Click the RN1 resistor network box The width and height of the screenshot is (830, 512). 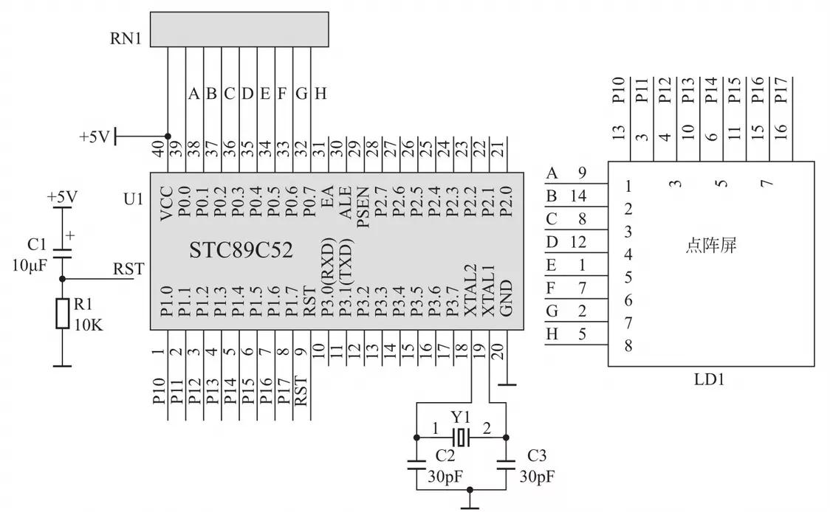point(239,29)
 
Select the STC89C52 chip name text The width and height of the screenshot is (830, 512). point(241,250)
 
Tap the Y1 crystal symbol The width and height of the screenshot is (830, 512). point(462,437)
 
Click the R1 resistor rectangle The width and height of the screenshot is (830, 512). point(62,314)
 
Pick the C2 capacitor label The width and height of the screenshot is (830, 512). point(445,454)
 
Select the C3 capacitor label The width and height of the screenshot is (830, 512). point(537,454)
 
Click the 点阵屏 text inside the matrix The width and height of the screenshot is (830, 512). point(710,246)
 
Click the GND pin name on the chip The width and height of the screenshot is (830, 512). point(507,299)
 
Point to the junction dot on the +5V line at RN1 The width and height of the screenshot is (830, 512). point(168,136)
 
